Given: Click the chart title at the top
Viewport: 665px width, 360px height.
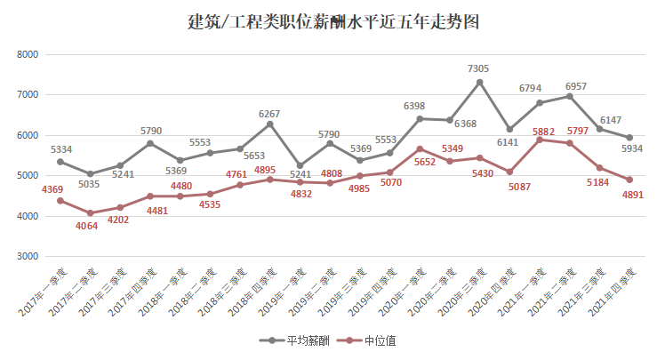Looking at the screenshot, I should (332, 21).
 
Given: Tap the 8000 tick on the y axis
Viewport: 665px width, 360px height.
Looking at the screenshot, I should (28, 54).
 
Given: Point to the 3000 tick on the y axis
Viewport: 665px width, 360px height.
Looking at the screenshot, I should (28, 256).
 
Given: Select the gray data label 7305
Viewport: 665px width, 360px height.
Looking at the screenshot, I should (479, 68).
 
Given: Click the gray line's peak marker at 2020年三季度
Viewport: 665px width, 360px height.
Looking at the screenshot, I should (479, 83).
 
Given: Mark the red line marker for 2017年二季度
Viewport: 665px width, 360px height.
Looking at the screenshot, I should (90, 213).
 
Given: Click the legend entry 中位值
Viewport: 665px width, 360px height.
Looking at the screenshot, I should (370, 340).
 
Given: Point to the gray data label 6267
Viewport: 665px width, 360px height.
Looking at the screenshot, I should (269, 114).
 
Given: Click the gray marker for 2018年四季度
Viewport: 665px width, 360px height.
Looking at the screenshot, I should (269, 124).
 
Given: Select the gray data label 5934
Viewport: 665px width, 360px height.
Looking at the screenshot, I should (632, 148).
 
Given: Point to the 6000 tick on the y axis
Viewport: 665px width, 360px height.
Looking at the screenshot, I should (28, 135).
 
